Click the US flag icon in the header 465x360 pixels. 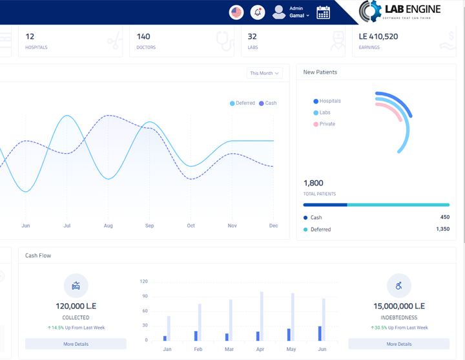coord(236,12)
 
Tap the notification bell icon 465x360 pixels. coord(258,12)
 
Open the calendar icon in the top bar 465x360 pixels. coord(324,12)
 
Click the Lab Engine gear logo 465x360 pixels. coord(371,11)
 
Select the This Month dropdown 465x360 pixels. coord(265,74)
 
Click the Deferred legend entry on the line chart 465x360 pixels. coord(243,103)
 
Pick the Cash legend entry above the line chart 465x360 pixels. coord(268,103)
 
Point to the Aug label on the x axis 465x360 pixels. coord(108,226)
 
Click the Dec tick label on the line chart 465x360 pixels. coord(274,226)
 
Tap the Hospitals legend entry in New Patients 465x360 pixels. coord(327,101)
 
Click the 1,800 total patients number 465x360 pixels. coord(313,184)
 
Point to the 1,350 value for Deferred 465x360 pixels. coord(442,229)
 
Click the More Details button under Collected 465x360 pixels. coord(76,344)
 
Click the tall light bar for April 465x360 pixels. coord(262,316)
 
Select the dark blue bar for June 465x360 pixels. coord(320,333)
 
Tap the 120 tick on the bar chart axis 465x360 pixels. coord(143,282)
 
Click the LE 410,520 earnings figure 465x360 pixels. coord(387,37)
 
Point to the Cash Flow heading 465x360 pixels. coord(38,256)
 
